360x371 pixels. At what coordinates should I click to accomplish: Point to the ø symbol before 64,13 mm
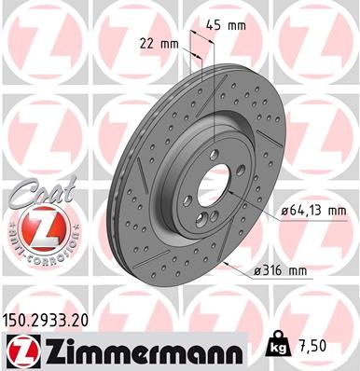(x=283, y=213)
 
